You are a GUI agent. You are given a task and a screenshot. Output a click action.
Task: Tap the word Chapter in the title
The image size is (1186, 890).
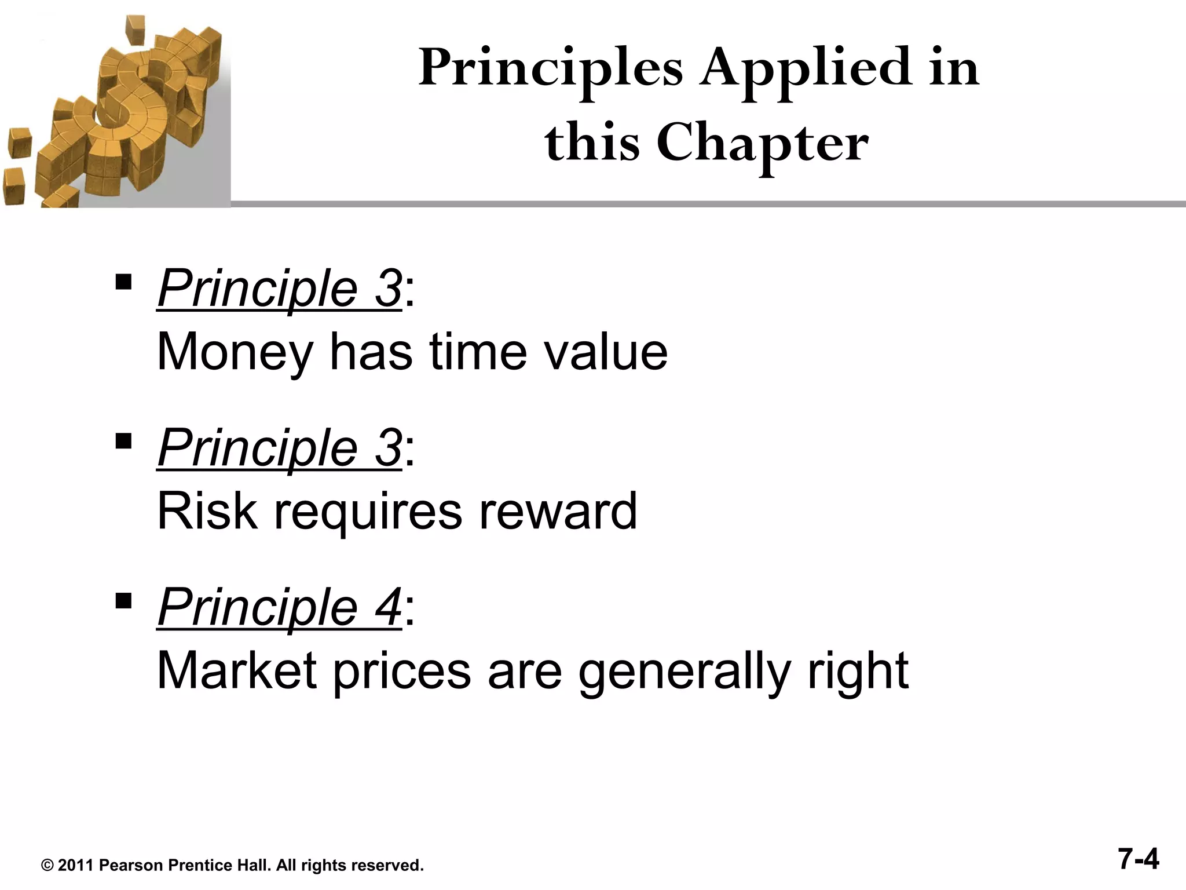(762, 143)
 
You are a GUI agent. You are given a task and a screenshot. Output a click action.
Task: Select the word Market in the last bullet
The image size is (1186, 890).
(236, 670)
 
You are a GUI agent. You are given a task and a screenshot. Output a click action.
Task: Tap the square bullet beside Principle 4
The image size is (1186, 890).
(123, 601)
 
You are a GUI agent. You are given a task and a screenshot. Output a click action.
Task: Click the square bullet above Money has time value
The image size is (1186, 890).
(123, 282)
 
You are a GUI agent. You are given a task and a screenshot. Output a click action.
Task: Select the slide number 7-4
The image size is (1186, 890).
(1139, 859)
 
